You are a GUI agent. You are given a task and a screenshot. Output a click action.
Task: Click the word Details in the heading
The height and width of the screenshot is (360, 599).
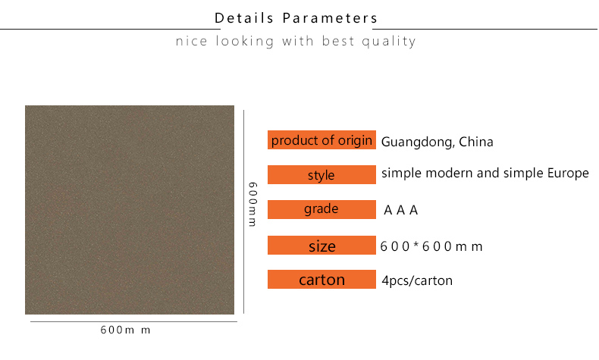point(243,18)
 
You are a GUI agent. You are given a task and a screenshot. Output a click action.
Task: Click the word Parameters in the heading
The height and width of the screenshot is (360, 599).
point(330,18)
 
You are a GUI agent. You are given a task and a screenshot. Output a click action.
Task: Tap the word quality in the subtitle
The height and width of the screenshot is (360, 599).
point(388,41)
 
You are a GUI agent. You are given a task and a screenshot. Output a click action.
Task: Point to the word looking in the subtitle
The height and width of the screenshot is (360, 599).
point(244,41)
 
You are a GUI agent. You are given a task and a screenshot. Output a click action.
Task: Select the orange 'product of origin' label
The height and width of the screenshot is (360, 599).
point(321,139)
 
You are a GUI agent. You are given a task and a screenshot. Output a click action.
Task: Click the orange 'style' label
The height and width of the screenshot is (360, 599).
point(321,174)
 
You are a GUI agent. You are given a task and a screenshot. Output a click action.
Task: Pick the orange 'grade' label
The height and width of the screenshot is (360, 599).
point(321,209)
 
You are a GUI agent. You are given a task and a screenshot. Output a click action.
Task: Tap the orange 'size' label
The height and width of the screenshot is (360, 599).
point(321,245)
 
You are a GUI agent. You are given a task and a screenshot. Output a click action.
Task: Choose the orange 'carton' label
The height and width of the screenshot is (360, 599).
point(321,279)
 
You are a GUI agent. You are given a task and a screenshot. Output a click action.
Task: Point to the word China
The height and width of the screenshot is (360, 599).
point(476,142)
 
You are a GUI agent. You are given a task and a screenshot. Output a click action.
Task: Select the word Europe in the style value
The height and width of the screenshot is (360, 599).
point(568,174)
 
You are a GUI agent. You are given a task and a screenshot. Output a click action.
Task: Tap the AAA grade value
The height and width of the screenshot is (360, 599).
point(401,210)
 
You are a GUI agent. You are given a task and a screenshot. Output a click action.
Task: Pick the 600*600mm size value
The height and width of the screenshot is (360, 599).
point(431,246)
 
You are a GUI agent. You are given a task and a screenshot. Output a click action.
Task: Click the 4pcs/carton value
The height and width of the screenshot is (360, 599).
point(417,281)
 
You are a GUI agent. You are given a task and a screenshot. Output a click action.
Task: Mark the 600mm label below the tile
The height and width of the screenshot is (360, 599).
point(125,330)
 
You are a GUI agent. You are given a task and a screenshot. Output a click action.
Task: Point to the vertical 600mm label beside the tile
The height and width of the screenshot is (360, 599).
point(253,204)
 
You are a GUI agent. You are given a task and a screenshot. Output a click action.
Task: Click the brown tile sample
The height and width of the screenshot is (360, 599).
point(130,210)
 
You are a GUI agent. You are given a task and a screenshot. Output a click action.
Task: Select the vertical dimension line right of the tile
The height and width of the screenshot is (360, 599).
point(243,212)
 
